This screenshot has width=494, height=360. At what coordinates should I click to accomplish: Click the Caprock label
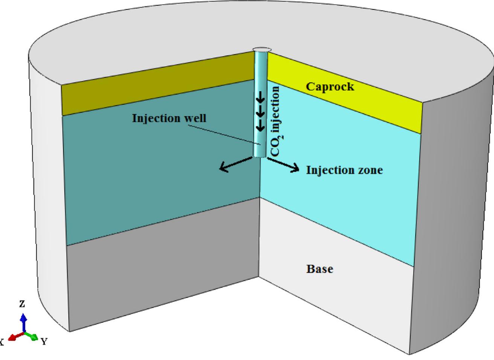coord(330,87)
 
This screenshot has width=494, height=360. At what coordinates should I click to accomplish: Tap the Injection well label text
coord(169,118)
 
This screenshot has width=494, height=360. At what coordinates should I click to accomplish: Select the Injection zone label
coord(344,170)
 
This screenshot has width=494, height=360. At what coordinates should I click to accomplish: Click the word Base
coord(320,269)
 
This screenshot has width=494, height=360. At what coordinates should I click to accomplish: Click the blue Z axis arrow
coord(24,322)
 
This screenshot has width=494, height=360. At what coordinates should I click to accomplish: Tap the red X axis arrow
coord(15,336)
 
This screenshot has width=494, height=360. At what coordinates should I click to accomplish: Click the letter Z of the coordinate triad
coord(22,304)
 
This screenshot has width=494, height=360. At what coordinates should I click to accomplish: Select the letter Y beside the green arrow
coord(44,342)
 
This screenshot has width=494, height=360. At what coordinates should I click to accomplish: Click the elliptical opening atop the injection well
coord(262,49)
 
